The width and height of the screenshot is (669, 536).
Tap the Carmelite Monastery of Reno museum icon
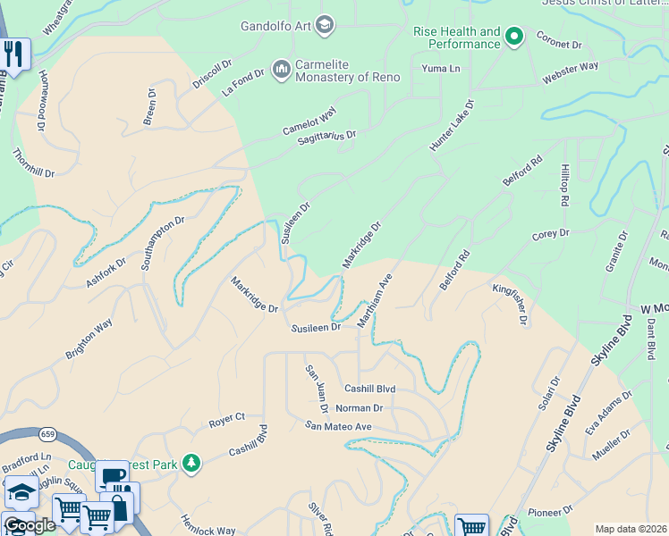click(281, 69)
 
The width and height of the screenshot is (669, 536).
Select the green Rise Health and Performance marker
click(513, 37)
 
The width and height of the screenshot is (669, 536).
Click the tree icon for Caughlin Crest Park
click(190, 463)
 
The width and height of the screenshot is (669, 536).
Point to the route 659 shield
click(47, 434)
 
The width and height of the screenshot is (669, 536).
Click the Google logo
click(30, 524)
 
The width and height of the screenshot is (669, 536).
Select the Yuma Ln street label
click(441, 68)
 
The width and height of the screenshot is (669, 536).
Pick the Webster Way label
click(570, 74)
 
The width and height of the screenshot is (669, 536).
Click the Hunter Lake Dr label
click(452, 125)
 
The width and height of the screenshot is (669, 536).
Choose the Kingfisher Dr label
click(511, 304)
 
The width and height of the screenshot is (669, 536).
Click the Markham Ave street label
click(376, 301)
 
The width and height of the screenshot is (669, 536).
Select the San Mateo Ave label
click(337, 426)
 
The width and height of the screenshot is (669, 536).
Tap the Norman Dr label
click(359, 408)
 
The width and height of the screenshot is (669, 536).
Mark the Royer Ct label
click(226, 417)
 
